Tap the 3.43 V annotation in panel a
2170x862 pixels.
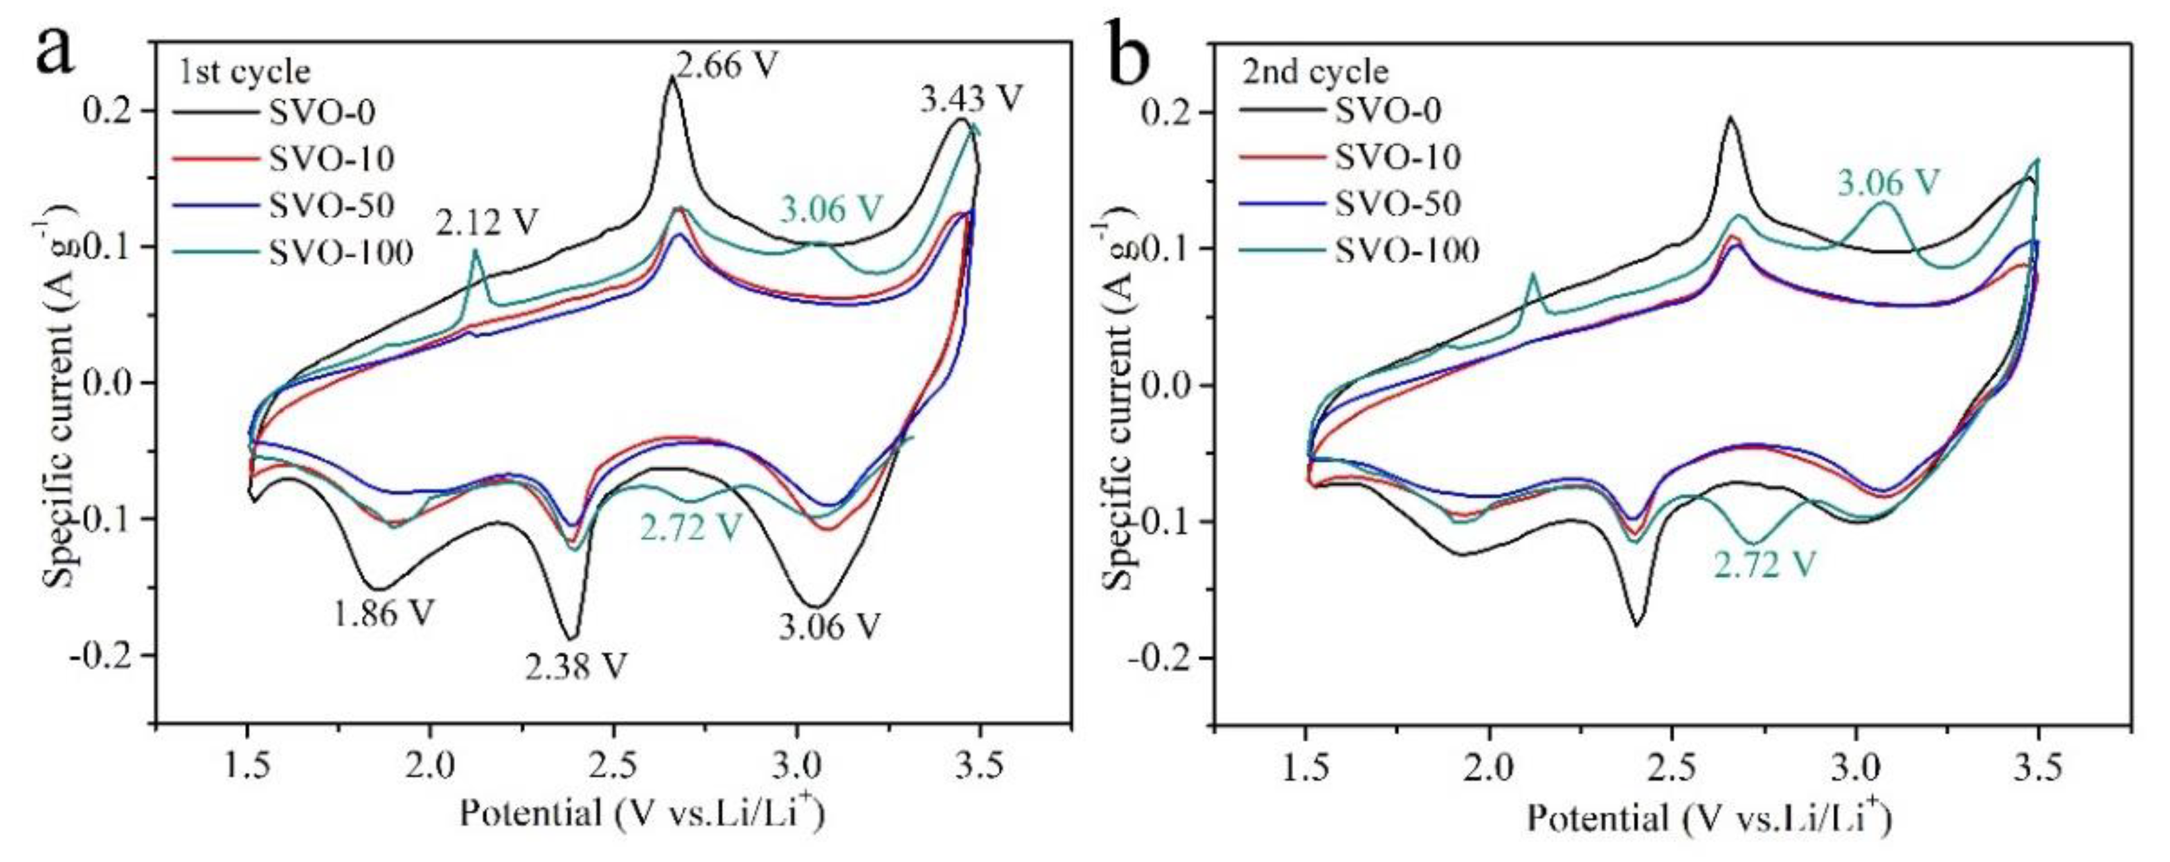(x=971, y=100)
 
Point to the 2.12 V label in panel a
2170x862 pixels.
(x=486, y=223)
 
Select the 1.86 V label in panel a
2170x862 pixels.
(x=383, y=614)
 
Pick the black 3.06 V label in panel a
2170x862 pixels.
(x=829, y=626)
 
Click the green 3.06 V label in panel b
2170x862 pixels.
(x=1888, y=183)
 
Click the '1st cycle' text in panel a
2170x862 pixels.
(x=244, y=71)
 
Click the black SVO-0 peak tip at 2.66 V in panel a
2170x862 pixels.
(x=672, y=77)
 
